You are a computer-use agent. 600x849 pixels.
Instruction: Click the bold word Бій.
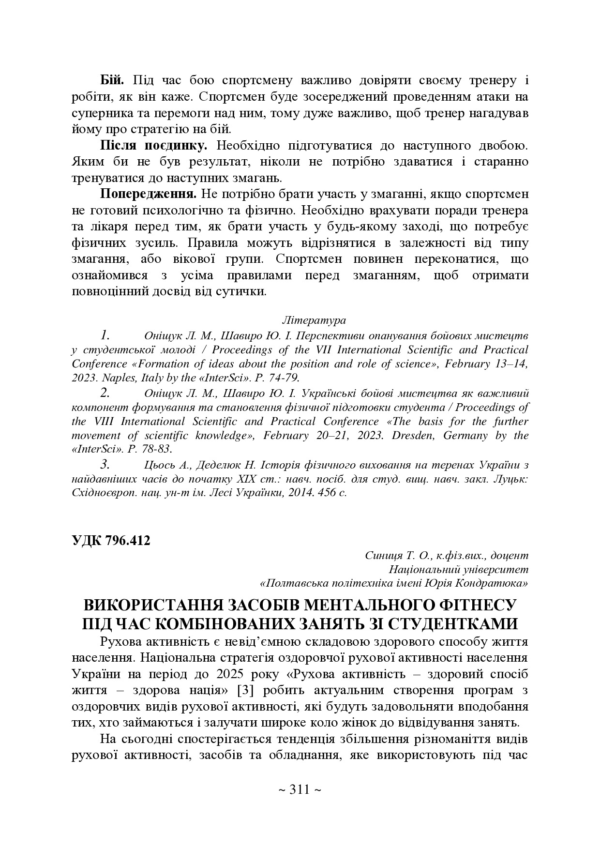point(112,80)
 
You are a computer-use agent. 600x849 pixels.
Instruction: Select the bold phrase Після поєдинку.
point(154,145)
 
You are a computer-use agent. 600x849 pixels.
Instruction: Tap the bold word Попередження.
point(148,194)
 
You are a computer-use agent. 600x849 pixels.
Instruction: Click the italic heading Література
point(314,320)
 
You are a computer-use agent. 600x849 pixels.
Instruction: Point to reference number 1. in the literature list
point(105,335)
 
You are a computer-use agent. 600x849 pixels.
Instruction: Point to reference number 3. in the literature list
point(105,465)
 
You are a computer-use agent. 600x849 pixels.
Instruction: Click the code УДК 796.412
point(111,541)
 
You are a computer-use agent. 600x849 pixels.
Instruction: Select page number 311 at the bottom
point(300,790)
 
